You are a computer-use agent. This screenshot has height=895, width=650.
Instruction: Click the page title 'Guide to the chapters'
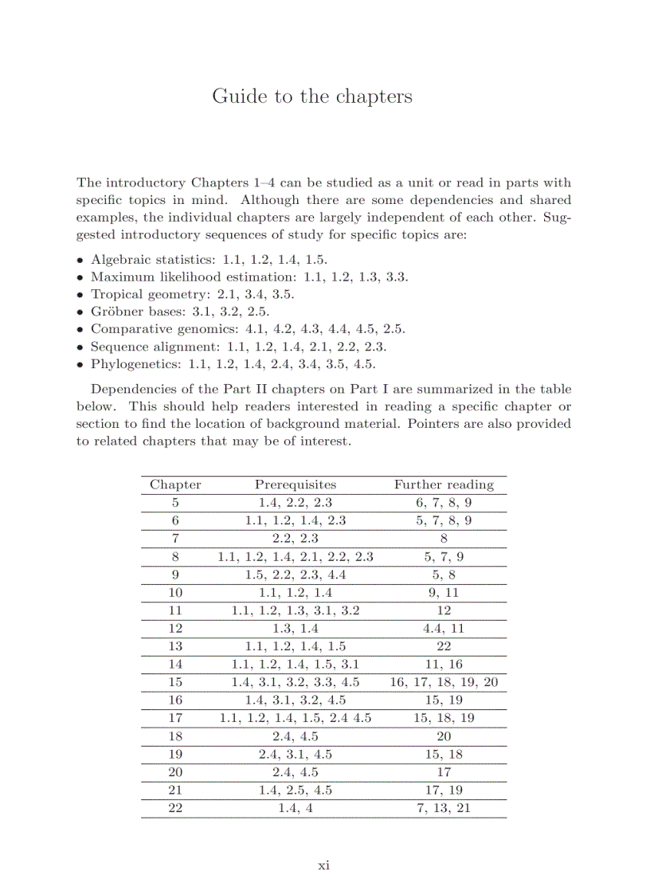(x=312, y=96)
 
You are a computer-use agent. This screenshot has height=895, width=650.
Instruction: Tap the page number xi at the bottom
(x=323, y=866)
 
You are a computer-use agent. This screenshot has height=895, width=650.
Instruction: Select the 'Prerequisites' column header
(x=295, y=485)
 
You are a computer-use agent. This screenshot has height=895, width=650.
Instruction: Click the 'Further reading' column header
(x=444, y=485)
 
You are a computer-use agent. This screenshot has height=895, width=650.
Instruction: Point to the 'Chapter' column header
(x=175, y=485)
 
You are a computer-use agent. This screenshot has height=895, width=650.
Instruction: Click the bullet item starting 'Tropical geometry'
(x=191, y=294)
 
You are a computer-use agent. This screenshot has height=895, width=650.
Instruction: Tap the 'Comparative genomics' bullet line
(x=247, y=328)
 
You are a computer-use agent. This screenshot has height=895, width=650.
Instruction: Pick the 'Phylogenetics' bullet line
(x=232, y=364)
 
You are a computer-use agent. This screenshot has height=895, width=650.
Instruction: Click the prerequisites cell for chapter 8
(x=295, y=556)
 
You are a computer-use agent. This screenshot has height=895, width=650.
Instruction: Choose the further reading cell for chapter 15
(x=444, y=682)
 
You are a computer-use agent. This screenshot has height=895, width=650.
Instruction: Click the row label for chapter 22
(x=175, y=808)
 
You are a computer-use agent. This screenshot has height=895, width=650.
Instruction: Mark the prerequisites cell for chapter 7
(x=295, y=539)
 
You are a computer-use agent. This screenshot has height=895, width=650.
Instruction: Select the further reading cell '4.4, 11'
(x=444, y=628)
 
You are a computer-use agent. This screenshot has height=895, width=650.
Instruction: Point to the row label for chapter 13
(x=175, y=646)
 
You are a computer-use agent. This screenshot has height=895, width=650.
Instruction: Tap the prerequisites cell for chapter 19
(x=295, y=754)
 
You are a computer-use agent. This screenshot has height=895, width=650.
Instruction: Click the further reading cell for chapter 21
(x=444, y=790)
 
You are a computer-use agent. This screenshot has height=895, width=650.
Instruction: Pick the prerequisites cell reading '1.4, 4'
(x=295, y=808)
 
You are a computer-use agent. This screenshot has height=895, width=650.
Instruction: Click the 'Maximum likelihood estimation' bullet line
(x=249, y=277)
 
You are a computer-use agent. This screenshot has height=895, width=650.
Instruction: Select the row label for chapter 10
(x=175, y=592)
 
